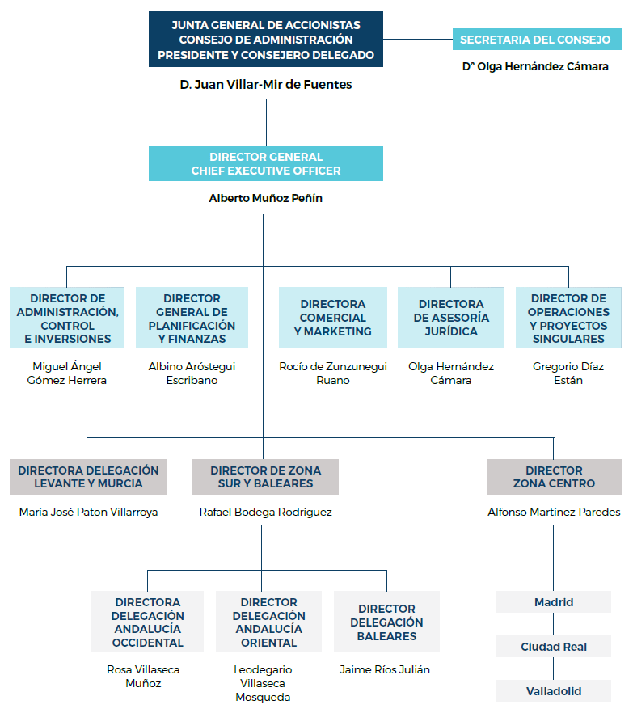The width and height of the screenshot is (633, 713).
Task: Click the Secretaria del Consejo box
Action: [x=535, y=40]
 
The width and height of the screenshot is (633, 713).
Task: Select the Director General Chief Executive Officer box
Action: [x=266, y=163]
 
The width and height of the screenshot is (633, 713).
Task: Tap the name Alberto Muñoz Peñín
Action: [x=266, y=198]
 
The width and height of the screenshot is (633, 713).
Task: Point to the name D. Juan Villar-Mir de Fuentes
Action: [x=266, y=84]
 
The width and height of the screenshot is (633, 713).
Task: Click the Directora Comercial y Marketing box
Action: [x=333, y=318]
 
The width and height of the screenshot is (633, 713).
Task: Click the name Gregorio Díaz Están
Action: [x=568, y=373]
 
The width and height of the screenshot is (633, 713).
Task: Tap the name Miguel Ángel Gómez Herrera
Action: [x=67, y=373]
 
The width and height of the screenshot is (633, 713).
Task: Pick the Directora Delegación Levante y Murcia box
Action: [x=88, y=477]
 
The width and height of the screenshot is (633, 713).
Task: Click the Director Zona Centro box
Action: [x=554, y=477]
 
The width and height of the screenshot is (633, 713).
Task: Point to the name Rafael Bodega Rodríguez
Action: [x=266, y=512]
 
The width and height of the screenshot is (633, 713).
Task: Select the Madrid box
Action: [x=554, y=602]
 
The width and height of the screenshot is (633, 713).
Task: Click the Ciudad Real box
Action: [x=554, y=647]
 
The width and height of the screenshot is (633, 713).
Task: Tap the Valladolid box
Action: [x=554, y=691]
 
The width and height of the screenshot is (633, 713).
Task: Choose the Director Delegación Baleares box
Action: [x=386, y=622]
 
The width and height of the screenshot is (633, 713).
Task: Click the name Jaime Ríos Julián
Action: [x=385, y=669]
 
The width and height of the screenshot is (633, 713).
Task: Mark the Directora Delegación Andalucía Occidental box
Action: [x=147, y=622]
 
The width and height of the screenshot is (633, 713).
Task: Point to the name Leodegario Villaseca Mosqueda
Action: [x=263, y=683]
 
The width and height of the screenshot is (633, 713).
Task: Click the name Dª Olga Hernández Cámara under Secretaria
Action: [x=535, y=67]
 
